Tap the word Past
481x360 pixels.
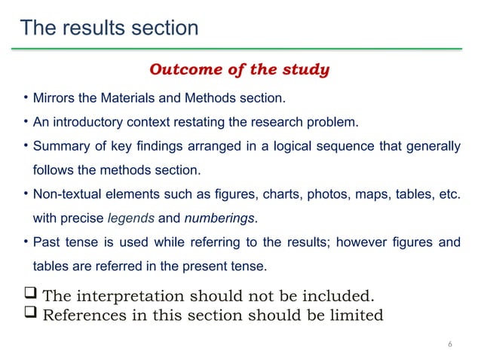click(x=47, y=243)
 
